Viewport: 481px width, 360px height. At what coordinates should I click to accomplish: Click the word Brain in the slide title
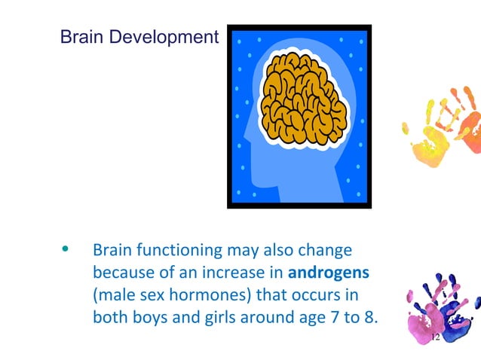pyautogui.click(x=80, y=36)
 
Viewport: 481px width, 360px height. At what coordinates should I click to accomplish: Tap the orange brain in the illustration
pyautogui.click(x=303, y=105)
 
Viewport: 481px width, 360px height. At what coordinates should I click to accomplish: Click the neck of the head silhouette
pyautogui.click(x=302, y=185)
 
